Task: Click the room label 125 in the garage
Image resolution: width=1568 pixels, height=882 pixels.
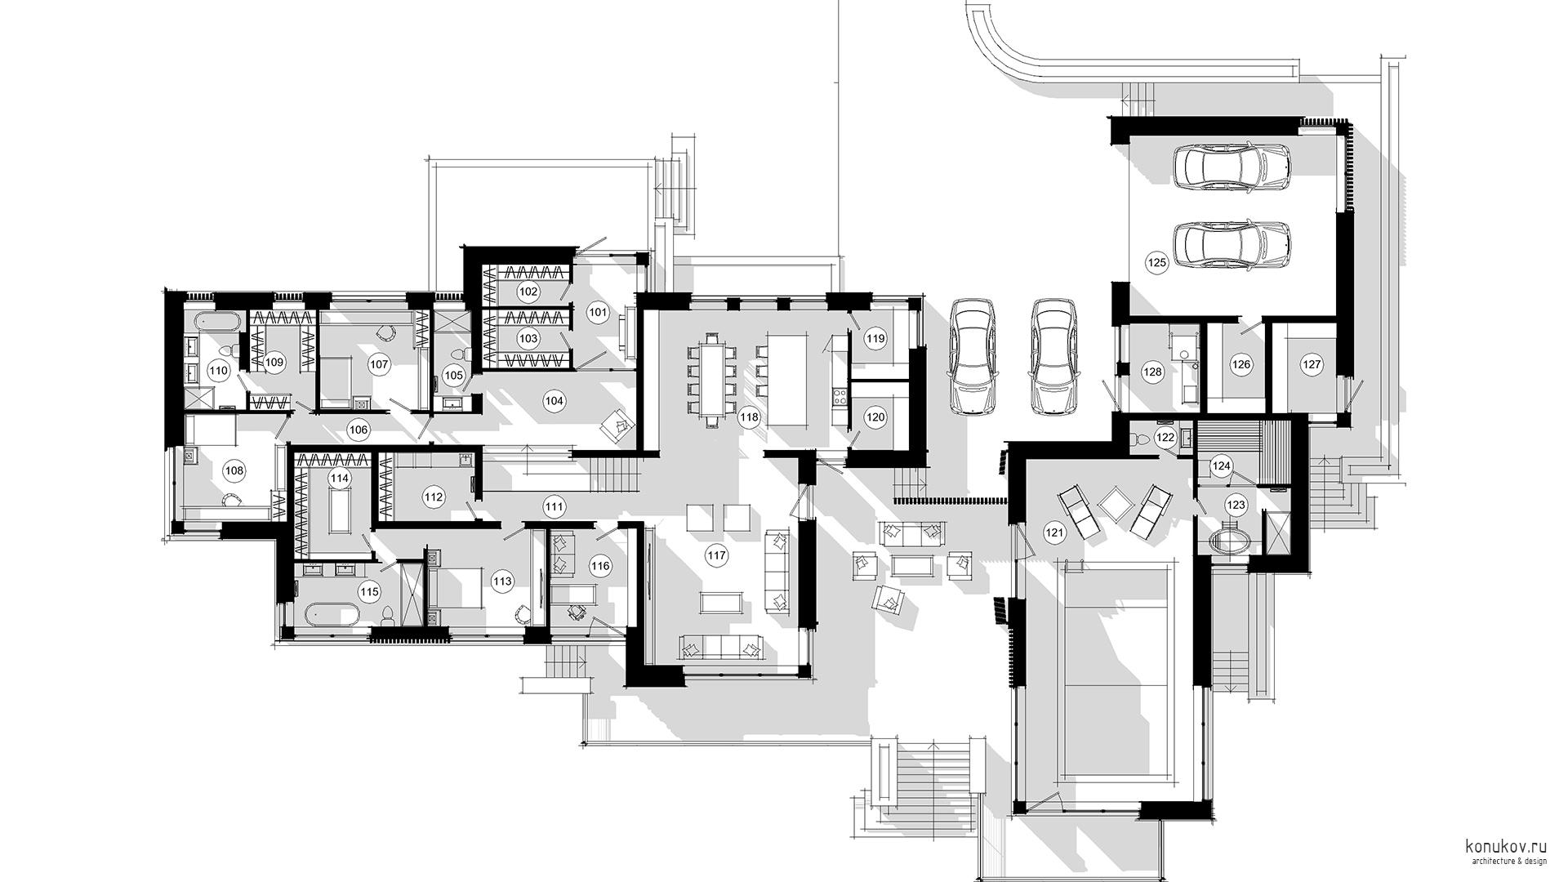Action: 1156,263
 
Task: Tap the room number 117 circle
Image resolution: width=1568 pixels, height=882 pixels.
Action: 716,556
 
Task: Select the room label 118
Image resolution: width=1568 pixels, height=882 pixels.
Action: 749,417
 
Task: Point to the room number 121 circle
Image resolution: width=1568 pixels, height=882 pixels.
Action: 1055,533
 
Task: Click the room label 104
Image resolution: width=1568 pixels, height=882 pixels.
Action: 555,401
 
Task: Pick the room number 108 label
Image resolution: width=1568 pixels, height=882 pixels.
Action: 234,471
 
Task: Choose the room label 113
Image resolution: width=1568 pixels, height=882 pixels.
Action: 501,581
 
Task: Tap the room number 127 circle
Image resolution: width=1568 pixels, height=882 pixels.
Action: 1312,365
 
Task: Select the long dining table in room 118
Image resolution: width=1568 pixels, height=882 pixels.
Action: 711,380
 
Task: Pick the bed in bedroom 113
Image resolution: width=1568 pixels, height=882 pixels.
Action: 459,588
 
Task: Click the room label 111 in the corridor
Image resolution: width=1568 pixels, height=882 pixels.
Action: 555,507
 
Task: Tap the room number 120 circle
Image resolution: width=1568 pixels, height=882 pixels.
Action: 875,417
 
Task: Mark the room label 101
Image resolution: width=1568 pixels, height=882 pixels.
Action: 598,312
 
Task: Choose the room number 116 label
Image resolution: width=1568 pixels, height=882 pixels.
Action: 600,566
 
